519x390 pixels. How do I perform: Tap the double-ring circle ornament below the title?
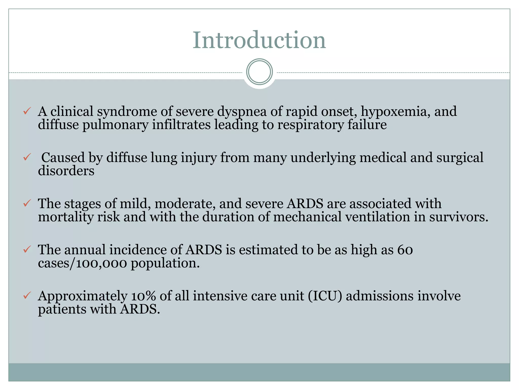tap(259, 72)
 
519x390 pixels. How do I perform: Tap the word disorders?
tap(66, 171)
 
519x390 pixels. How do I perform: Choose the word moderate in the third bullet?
tap(185, 204)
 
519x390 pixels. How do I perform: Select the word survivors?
tap(459, 217)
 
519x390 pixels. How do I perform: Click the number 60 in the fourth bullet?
tap(405, 250)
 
